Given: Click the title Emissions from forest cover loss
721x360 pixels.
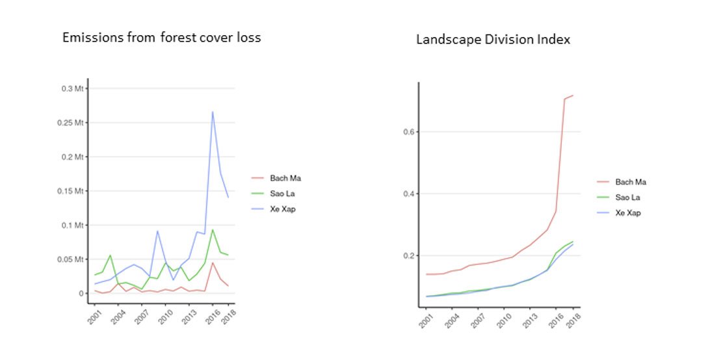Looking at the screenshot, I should pos(161,38).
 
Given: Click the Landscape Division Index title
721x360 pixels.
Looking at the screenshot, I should pos(493,40).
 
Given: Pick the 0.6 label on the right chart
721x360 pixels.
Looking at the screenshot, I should pos(408,132).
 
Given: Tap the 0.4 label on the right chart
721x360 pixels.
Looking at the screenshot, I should pos(408,194).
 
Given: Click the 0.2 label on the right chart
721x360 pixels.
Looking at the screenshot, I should pos(408,255).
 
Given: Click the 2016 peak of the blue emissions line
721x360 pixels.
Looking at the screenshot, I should pos(213,112).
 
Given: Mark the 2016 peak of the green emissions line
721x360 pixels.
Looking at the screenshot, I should pos(213,229).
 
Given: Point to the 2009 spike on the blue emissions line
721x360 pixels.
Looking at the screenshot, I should pos(157,231).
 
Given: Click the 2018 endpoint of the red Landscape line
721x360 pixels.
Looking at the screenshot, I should pos(573,96).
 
